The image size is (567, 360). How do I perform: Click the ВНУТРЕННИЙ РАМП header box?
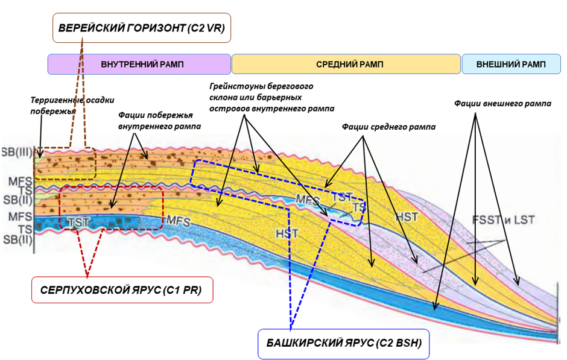139,64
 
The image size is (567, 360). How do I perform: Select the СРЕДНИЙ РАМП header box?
346,64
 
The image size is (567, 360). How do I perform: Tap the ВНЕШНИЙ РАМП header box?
510,64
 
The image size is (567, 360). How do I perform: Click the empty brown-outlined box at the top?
142,28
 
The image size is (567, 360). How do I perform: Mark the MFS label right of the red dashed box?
178,222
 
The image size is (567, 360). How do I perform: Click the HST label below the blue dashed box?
283,233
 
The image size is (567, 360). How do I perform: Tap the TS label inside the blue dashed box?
359,206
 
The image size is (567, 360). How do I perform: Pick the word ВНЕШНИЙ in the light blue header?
497,64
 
